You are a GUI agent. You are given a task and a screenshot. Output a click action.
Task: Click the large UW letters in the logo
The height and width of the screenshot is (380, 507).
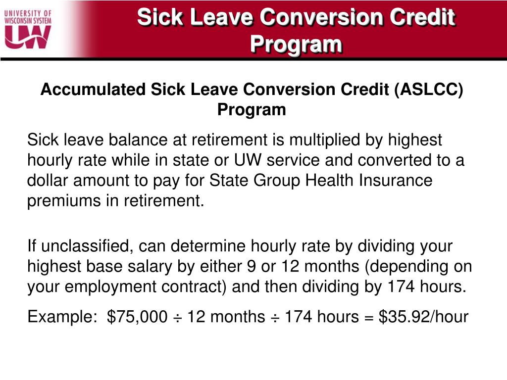click(28, 37)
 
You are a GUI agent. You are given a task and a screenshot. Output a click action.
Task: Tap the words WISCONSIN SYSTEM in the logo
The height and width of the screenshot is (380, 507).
click(28, 20)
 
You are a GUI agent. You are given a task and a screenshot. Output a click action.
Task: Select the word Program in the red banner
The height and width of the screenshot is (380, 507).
click(296, 44)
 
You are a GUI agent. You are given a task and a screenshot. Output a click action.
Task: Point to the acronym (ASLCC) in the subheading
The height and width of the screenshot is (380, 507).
click(428, 90)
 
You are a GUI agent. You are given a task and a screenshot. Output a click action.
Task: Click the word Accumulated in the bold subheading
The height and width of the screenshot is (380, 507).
click(93, 90)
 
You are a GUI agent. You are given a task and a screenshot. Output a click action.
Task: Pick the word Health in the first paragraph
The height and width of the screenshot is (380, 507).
click(330, 180)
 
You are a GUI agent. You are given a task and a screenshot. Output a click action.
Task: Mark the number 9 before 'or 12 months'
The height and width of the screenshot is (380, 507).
click(251, 267)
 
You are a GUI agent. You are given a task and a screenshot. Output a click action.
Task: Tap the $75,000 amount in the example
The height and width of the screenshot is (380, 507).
click(138, 317)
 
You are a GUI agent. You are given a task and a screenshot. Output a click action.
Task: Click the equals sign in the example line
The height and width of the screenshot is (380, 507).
click(369, 317)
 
